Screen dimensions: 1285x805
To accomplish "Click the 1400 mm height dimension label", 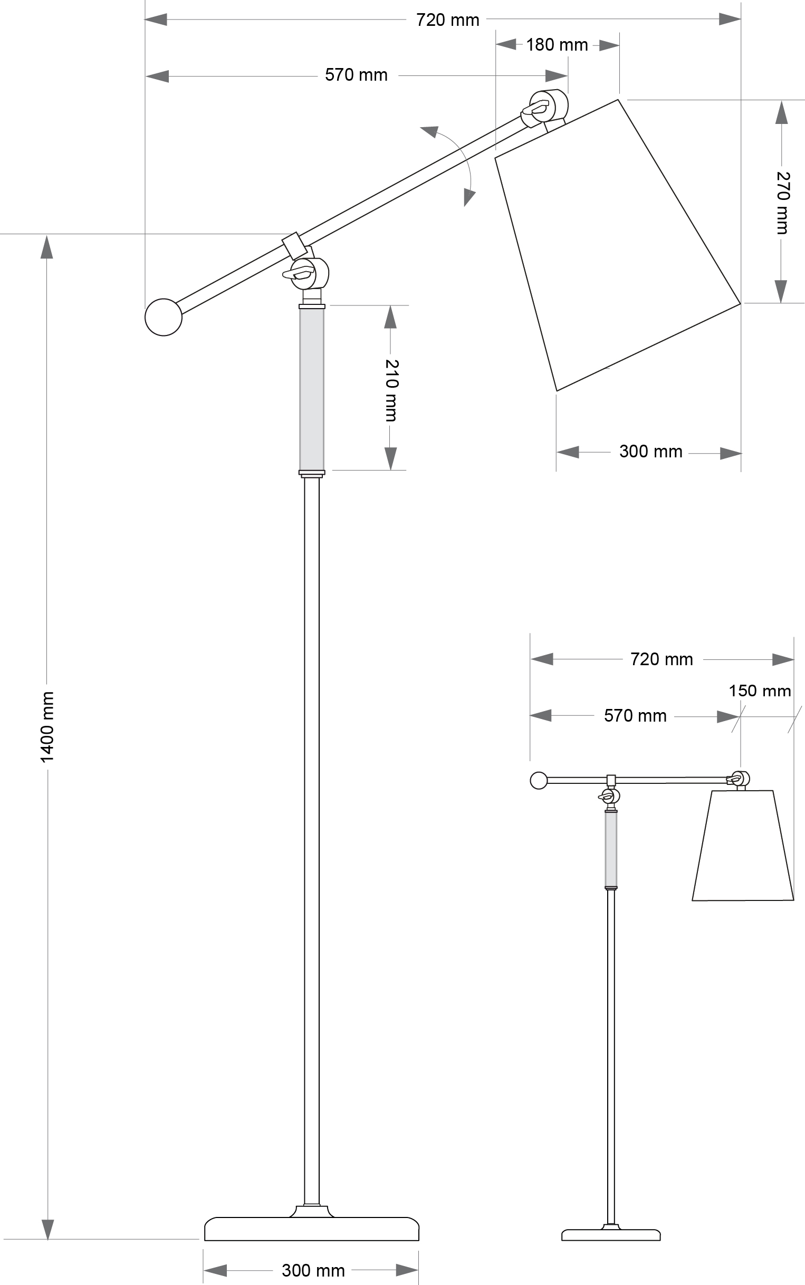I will tap(47, 726).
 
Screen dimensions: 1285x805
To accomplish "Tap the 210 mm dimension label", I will tap(391, 390).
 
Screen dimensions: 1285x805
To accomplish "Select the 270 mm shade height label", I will tap(782, 203).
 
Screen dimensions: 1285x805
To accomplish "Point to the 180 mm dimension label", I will tap(557, 45).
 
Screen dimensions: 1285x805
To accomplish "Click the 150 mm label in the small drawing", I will tap(759, 691).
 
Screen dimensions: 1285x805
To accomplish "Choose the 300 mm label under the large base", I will tap(313, 1270).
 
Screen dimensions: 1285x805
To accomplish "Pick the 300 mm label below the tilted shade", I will tap(650, 452).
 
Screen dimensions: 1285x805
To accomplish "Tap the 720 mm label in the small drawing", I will tap(662, 659).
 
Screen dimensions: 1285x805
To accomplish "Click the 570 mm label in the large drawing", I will tap(356, 75).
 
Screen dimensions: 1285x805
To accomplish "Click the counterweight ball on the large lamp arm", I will tap(164, 317).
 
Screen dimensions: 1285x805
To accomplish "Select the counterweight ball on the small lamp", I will tap(539, 780).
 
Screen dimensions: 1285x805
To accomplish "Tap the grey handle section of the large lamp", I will tap(311, 389).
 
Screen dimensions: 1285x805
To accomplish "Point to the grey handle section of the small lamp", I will tap(611, 849).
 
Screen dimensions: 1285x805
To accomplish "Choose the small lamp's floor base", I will tap(611, 1235).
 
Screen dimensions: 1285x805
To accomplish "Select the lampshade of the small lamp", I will tap(743, 846).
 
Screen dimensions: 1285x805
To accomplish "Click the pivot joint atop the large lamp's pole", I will tap(308, 273).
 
